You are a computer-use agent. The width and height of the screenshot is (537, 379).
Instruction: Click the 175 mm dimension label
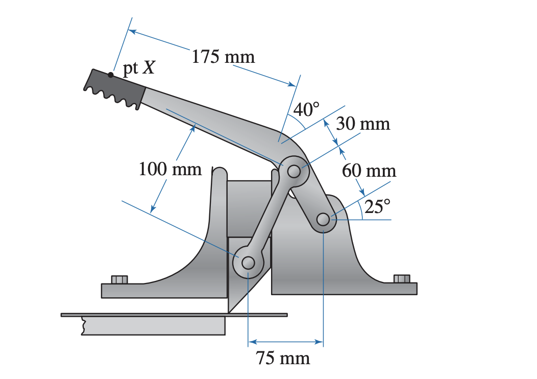click(223, 56)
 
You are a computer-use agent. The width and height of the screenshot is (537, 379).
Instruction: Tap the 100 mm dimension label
click(170, 169)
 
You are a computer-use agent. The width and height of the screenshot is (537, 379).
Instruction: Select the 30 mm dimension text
click(363, 124)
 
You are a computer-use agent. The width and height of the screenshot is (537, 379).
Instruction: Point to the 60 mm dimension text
click(369, 170)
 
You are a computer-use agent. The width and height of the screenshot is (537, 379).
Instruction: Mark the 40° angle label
click(307, 109)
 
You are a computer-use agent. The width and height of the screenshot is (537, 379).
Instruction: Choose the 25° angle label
click(377, 206)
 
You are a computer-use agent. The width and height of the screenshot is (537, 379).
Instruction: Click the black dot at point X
click(111, 75)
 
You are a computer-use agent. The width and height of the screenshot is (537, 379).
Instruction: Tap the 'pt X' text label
click(139, 68)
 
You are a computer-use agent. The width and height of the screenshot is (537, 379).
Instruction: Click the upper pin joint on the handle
click(294, 172)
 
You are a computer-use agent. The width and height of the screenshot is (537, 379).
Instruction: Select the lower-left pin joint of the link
click(248, 263)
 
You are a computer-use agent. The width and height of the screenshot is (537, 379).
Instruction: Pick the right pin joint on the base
click(323, 220)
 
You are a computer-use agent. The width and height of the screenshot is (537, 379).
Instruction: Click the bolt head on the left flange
click(119, 279)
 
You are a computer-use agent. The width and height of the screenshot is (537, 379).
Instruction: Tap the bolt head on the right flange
click(402, 278)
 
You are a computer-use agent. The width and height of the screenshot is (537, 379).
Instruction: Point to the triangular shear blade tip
click(230, 309)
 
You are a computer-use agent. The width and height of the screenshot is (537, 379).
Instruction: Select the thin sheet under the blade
click(174, 315)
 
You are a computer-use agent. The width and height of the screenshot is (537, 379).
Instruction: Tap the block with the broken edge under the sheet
click(153, 326)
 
